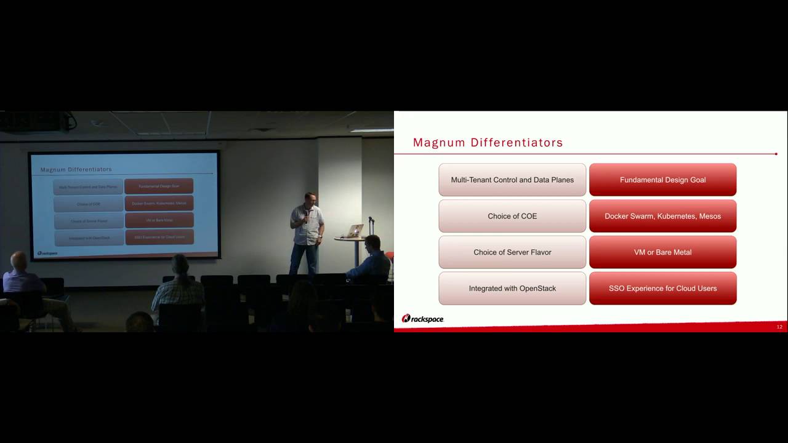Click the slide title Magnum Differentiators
pos(488,143)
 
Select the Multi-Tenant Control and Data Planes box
pos(512,180)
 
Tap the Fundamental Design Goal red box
pos(662,180)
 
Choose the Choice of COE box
pos(512,216)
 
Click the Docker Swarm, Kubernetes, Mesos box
pos(662,216)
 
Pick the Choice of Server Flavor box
pos(512,252)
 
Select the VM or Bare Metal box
pos(662,252)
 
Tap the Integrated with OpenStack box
pos(512,288)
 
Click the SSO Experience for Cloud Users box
pos(662,288)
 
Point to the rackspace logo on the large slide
pos(422,319)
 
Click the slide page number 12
pos(779,327)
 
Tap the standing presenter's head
pos(310,200)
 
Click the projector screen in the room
pos(124,205)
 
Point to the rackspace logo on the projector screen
pos(47,253)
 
